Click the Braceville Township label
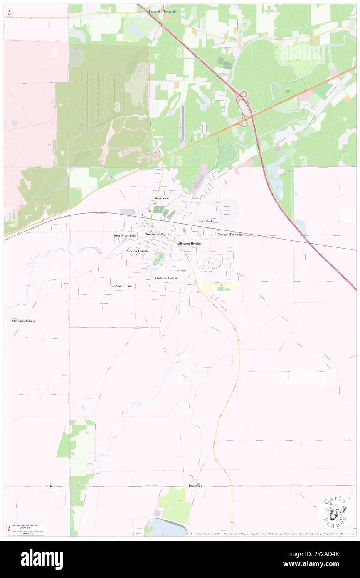click(x=163, y=12)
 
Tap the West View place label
click(x=162, y=198)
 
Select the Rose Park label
click(x=205, y=221)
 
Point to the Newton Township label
click(x=230, y=235)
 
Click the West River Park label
click(x=125, y=235)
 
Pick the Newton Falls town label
click(x=155, y=235)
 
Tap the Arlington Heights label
click(x=189, y=243)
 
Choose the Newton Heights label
click(x=138, y=251)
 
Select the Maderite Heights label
click(x=166, y=278)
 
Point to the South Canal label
click(x=125, y=286)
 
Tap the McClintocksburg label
click(x=24, y=321)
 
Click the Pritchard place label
click(x=50, y=486)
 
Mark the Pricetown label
click(x=195, y=486)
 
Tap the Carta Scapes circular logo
click(x=335, y=513)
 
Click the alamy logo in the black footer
click(x=42, y=559)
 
